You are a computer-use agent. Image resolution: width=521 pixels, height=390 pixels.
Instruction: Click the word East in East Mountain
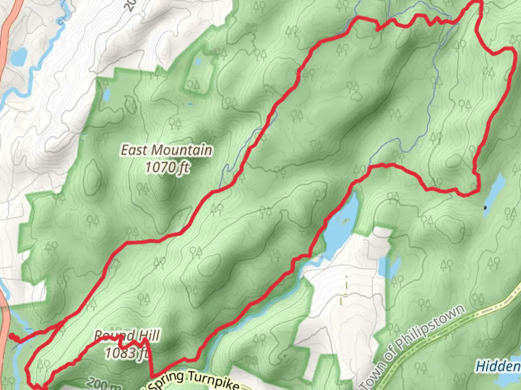click(132, 150)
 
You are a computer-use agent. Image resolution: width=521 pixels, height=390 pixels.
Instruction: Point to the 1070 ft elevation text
click(167, 167)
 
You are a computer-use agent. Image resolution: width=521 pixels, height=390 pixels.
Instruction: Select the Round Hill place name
click(127, 336)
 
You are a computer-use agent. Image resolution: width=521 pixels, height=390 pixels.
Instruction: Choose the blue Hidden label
click(498, 366)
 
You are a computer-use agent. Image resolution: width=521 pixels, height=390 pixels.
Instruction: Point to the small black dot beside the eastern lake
click(485, 207)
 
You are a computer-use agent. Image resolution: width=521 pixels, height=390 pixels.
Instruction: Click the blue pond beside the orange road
click(19, 56)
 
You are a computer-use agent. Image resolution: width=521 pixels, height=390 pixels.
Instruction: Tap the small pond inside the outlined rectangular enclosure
click(198, 62)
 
